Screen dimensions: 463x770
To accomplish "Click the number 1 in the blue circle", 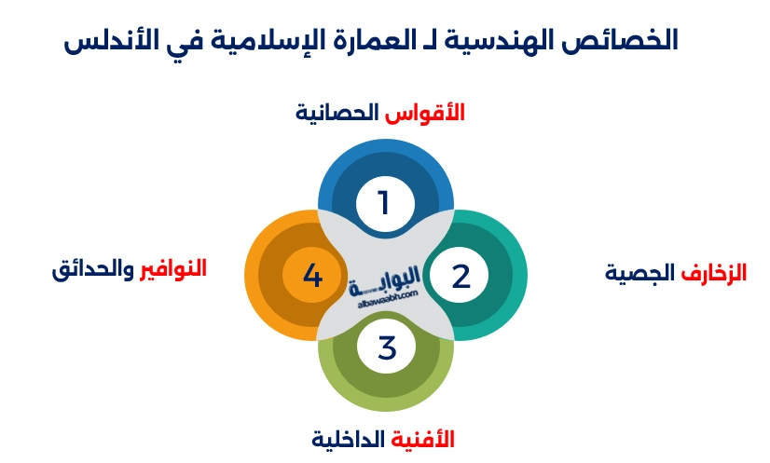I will tap(384, 202).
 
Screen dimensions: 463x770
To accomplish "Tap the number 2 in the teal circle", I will tap(461, 277).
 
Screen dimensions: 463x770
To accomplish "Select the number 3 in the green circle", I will tap(386, 347).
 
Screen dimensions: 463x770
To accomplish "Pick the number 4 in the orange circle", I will tap(313, 277).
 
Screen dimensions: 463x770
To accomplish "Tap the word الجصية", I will tap(640, 274).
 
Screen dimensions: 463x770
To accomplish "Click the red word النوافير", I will tap(172, 269).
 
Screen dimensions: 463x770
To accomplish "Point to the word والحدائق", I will tap(92, 270).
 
